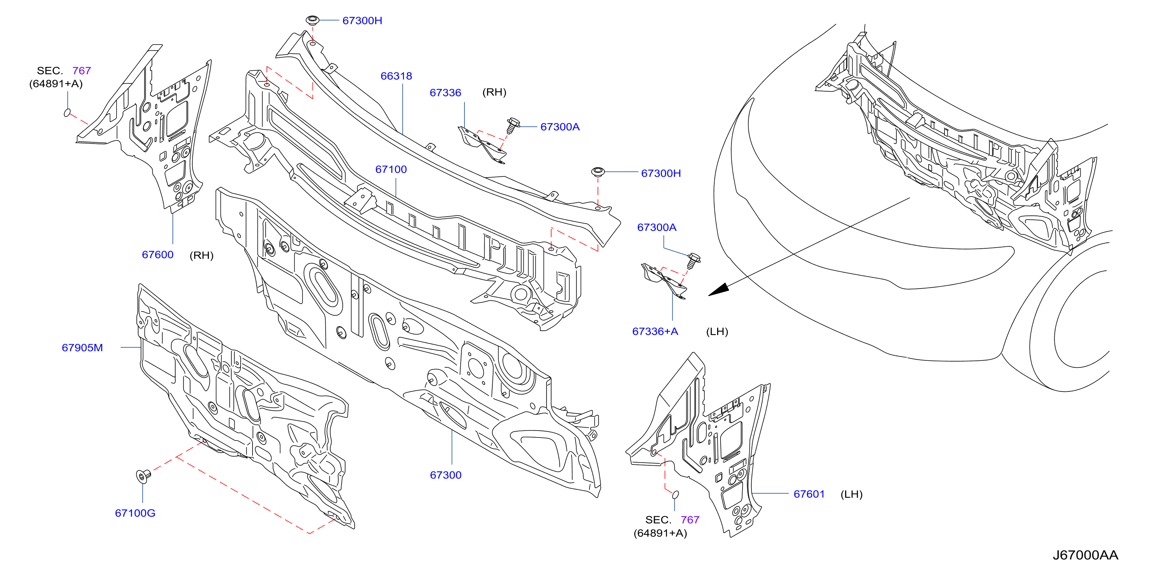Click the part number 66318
coord(396,76)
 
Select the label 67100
coord(391,169)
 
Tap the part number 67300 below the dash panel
coord(446,475)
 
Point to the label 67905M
coord(82,348)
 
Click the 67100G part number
coord(135,513)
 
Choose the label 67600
coord(157,255)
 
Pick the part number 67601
coord(809,494)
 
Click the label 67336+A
coord(655,331)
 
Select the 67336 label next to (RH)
coord(445,92)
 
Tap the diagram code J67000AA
coord(1085,555)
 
